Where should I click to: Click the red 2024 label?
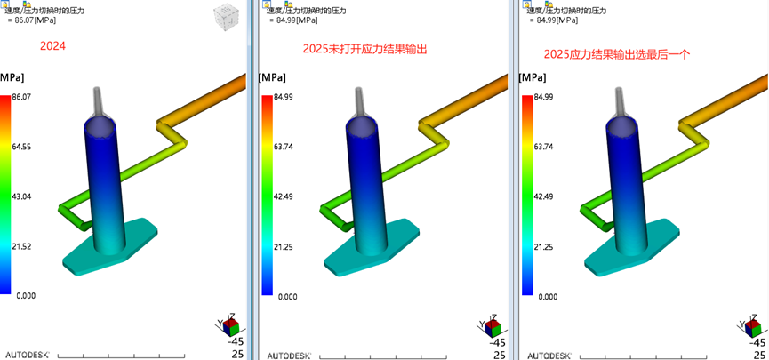pyautogui.click(x=53, y=46)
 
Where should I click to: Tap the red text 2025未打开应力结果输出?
pyautogui.click(x=365, y=50)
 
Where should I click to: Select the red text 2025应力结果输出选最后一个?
pyautogui.click(x=617, y=54)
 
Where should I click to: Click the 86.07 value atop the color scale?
pyautogui.click(x=21, y=97)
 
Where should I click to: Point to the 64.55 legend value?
pyautogui.click(x=21, y=147)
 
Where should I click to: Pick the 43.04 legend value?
pyautogui.click(x=21, y=196)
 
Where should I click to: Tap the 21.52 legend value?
pyautogui.click(x=21, y=246)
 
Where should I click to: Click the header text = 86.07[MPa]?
pyautogui.click(x=32, y=20)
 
